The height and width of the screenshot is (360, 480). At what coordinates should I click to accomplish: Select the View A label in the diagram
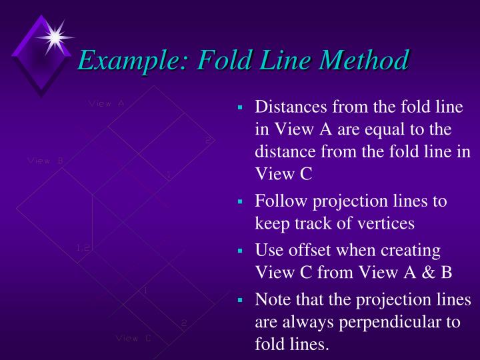click(x=107, y=103)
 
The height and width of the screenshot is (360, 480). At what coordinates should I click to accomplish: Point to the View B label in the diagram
click(x=45, y=160)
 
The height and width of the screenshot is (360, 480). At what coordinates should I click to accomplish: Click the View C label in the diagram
click(x=133, y=338)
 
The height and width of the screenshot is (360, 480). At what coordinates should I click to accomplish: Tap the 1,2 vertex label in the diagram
click(x=83, y=248)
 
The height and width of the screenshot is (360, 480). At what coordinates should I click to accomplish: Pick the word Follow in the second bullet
click(x=279, y=201)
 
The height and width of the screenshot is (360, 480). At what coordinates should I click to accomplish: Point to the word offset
click(x=313, y=251)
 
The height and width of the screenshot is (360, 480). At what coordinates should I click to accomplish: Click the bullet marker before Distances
click(x=241, y=108)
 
